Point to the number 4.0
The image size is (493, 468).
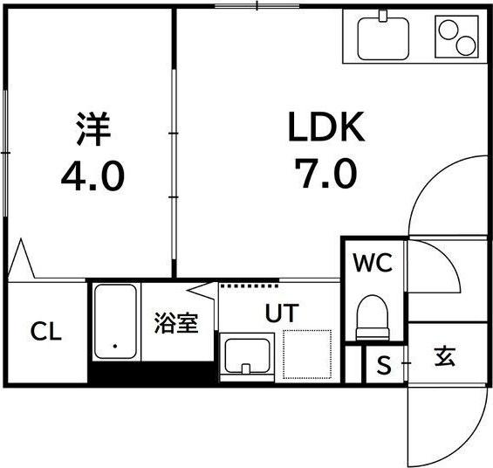[x=92, y=177]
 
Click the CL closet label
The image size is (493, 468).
[x=46, y=332]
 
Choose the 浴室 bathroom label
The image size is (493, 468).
[x=176, y=324]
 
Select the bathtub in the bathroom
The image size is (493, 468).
[x=115, y=322]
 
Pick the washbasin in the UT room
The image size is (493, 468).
[x=247, y=355]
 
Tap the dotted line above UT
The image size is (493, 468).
[x=250, y=285]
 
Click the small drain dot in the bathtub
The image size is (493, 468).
[x=114, y=347]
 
